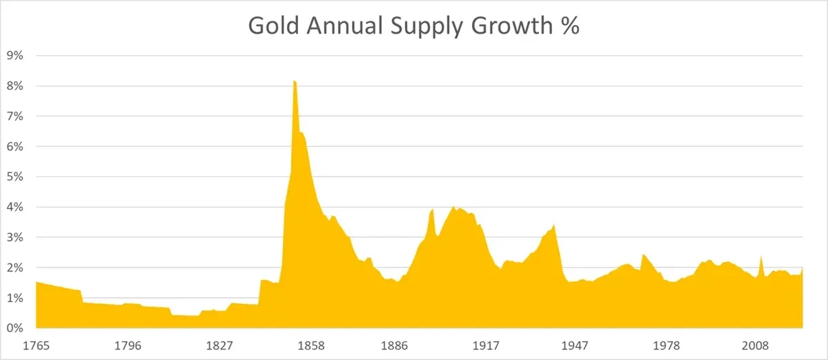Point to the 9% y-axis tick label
14,56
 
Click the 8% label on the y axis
14,86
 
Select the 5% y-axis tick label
14,177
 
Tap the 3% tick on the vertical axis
14,237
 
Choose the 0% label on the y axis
14,328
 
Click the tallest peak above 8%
295,82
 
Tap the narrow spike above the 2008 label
761,258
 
